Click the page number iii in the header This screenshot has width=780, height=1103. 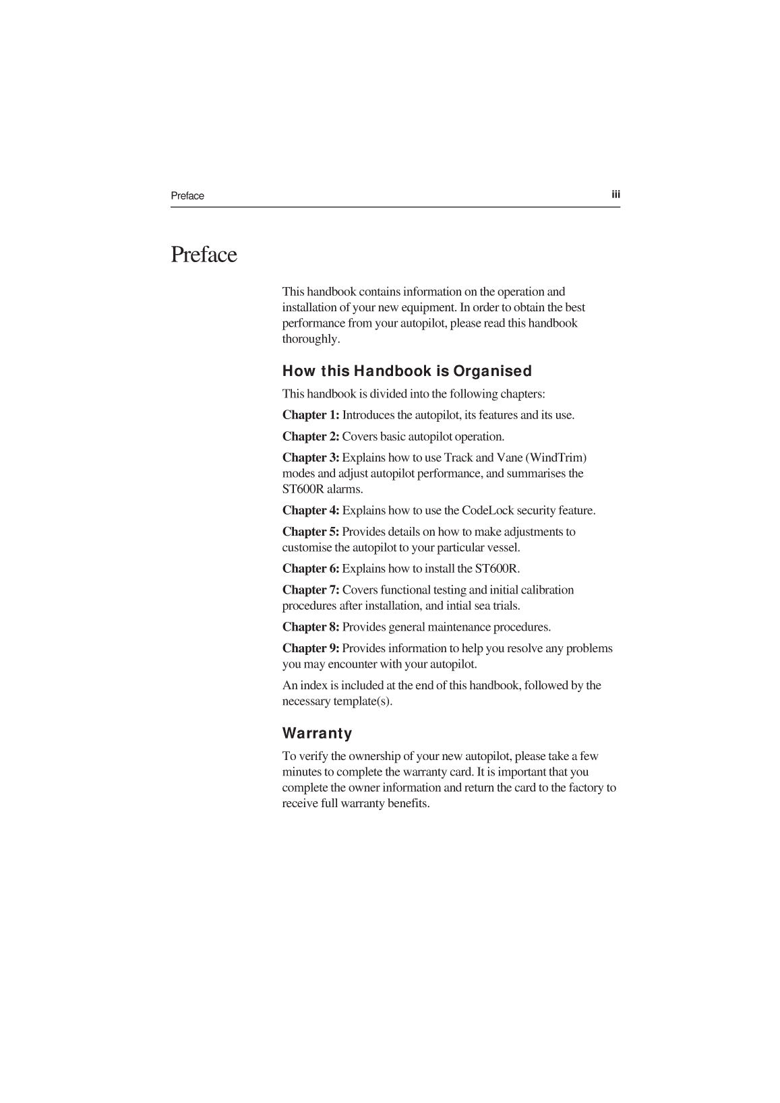(x=616, y=195)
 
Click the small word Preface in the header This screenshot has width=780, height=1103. (x=187, y=196)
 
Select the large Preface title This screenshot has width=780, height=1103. (x=204, y=255)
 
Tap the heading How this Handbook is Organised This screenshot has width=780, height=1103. (x=407, y=371)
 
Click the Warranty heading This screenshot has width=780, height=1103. (x=317, y=733)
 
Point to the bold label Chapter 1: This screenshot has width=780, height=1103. (x=311, y=415)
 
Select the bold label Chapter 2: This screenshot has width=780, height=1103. (x=311, y=437)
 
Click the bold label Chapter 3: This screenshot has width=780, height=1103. (x=311, y=458)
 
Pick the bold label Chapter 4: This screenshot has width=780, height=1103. (x=311, y=511)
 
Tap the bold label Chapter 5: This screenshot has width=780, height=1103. (x=311, y=532)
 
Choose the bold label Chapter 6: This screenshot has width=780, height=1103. (x=311, y=569)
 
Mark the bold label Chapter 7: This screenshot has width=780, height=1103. (x=311, y=590)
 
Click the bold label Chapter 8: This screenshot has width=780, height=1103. (x=311, y=627)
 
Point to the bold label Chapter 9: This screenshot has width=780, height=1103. (x=311, y=648)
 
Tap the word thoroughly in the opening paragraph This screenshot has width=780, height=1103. (x=311, y=339)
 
